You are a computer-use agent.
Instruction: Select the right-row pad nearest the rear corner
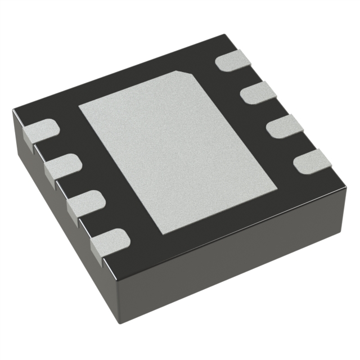click(x=231, y=60)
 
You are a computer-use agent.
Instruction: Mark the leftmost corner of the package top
click(x=12, y=112)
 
